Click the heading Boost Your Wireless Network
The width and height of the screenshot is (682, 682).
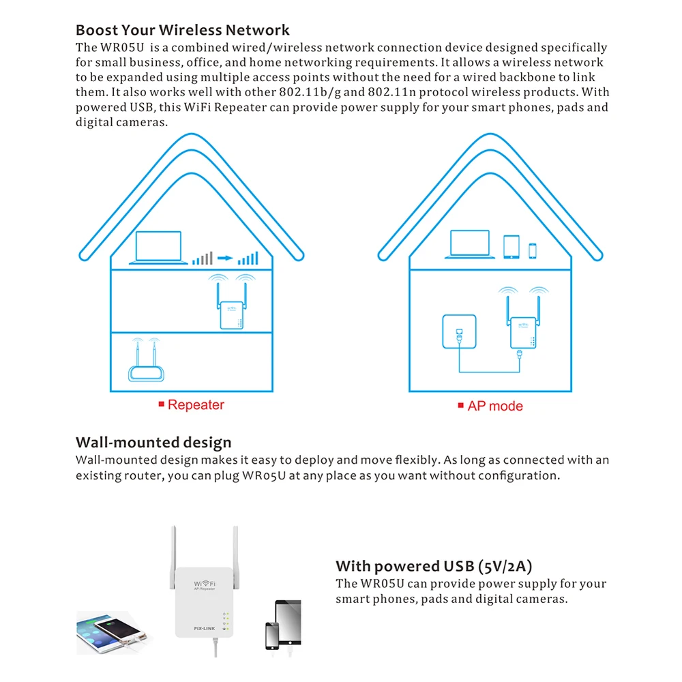pyautogui.click(x=182, y=30)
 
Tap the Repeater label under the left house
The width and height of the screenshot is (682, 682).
pyautogui.click(x=195, y=405)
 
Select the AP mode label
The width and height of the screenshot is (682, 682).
pyautogui.click(x=495, y=406)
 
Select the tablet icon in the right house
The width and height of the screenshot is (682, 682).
pyautogui.click(x=512, y=246)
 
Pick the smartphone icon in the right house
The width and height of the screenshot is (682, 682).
pyautogui.click(x=532, y=250)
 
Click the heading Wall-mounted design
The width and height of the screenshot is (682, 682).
pyautogui.click(x=153, y=443)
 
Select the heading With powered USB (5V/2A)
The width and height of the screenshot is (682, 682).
pyautogui.click(x=434, y=566)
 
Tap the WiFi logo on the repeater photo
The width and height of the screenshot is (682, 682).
pyautogui.click(x=205, y=585)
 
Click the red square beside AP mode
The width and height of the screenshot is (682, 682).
pyautogui.click(x=460, y=406)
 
